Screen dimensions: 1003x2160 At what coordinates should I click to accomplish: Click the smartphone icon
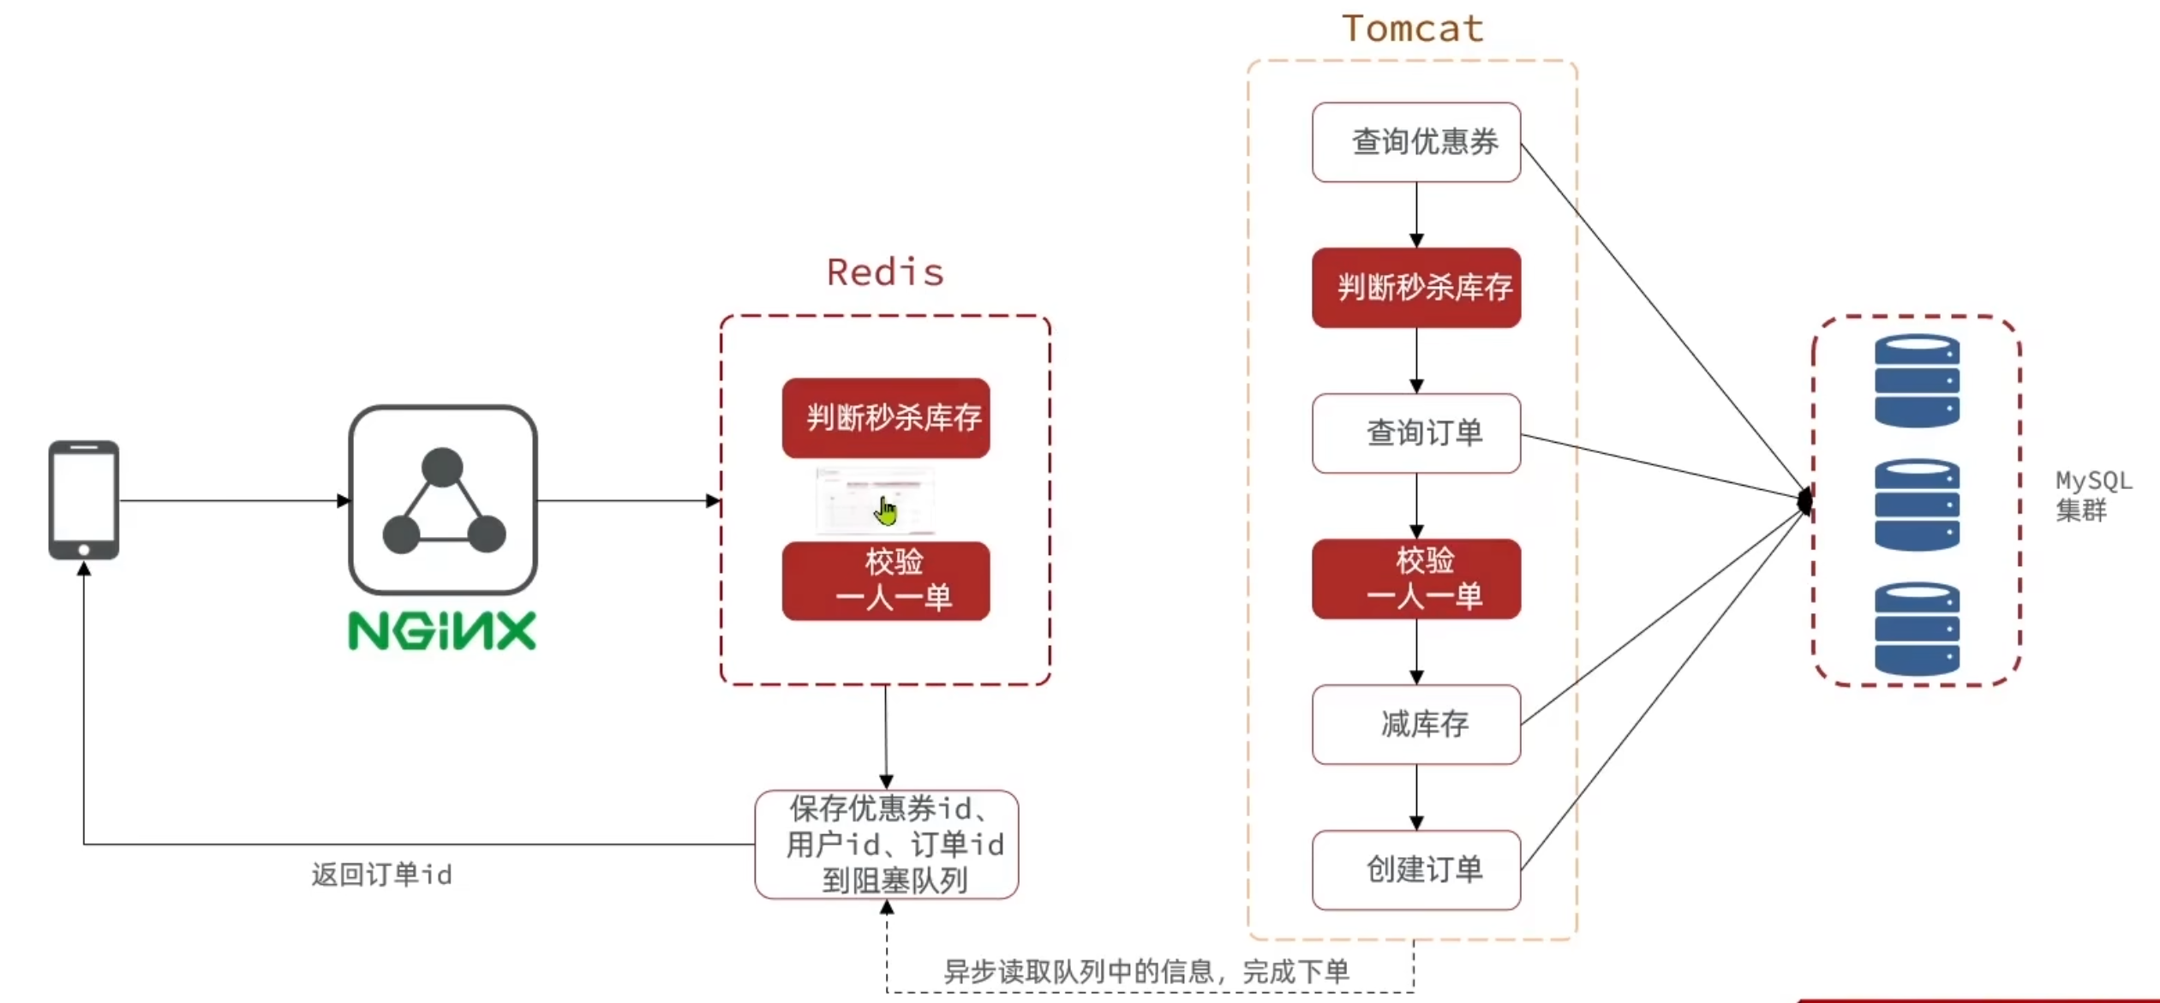tap(84, 500)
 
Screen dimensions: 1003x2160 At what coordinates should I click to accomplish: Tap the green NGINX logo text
tap(442, 631)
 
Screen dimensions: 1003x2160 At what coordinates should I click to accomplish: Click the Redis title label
tap(885, 272)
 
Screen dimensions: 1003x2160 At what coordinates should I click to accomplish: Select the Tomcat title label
tap(1412, 29)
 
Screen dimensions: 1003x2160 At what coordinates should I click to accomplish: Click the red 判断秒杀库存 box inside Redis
tap(886, 418)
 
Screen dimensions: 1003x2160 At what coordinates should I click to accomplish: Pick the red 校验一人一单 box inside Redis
tap(886, 581)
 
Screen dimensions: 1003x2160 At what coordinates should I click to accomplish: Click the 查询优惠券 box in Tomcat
tap(1416, 142)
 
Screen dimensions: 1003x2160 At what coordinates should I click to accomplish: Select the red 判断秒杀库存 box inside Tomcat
tap(1416, 288)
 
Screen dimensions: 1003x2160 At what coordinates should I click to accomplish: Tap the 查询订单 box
tap(1416, 433)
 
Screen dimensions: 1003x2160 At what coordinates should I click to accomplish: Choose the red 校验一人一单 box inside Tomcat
tap(1416, 579)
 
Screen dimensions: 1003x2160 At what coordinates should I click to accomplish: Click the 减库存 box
tap(1416, 725)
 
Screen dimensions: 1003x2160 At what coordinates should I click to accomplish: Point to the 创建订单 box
tap(1416, 870)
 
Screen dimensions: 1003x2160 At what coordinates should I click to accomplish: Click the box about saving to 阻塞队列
tap(887, 845)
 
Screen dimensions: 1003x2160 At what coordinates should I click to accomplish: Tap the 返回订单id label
tap(381, 875)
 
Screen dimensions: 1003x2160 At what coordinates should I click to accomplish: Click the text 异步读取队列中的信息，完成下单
tap(1146, 971)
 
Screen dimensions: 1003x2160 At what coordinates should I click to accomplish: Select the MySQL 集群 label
tap(2093, 496)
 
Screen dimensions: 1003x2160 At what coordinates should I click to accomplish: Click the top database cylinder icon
tap(1917, 380)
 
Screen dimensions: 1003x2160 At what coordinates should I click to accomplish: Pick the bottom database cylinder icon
tap(1917, 629)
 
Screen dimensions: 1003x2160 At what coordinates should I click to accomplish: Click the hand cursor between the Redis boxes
tap(885, 512)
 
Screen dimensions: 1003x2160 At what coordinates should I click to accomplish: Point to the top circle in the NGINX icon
tap(442, 468)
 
